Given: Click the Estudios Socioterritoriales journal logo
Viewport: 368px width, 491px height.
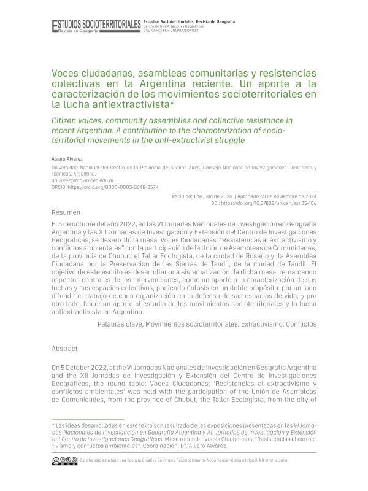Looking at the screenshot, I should [96, 24].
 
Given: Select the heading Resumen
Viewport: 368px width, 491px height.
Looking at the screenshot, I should [67, 212].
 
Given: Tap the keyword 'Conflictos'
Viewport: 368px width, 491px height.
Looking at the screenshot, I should [297, 322].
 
